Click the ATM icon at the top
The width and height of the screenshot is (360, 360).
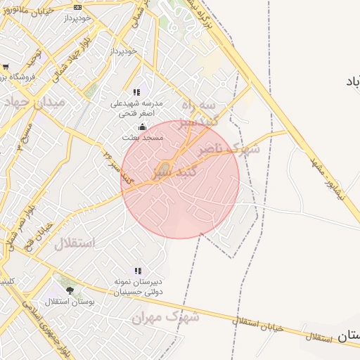click(x=77, y=7)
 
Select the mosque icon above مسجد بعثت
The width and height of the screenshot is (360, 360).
click(x=143, y=127)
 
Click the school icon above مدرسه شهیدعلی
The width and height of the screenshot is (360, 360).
click(x=138, y=92)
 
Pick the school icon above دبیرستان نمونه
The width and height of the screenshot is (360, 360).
click(x=138, y=271)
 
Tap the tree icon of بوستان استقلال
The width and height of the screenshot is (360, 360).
click(x=68, y=290)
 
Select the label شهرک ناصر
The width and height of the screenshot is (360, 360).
click(x=229, y=149)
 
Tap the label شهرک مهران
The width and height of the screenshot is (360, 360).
click(x=166, y=318)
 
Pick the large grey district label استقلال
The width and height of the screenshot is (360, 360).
click(x=74, y=245)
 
